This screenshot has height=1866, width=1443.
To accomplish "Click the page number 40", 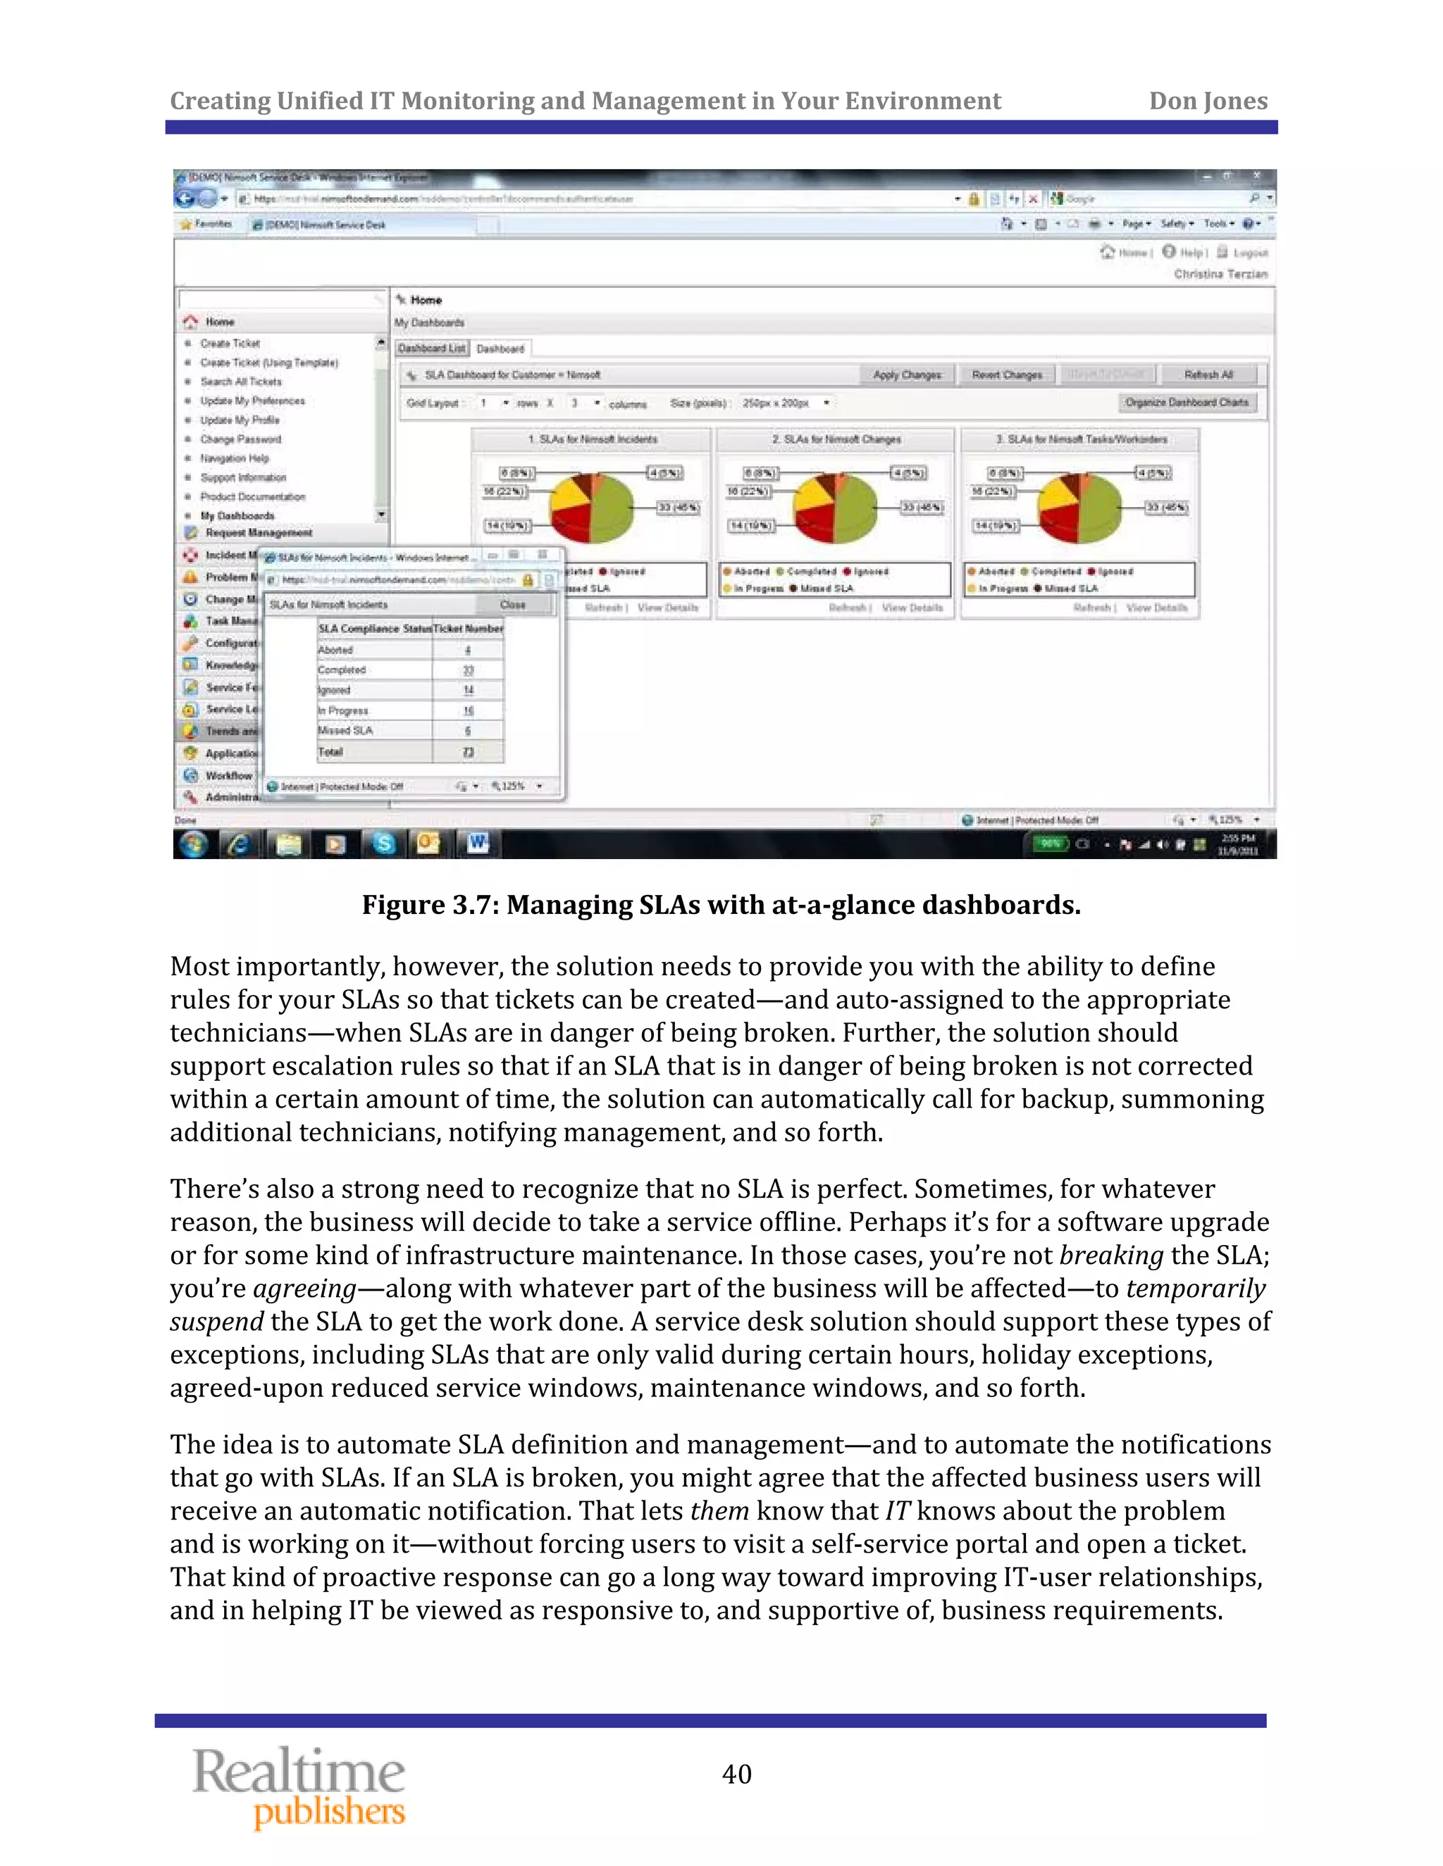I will [736, 1774].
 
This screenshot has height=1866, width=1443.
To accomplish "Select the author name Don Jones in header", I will [1207, 101].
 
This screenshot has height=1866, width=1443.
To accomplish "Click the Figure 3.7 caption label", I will [430, 904].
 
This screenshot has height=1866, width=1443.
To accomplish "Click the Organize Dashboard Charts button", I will [1187, 402].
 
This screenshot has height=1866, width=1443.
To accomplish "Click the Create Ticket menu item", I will [230, 344].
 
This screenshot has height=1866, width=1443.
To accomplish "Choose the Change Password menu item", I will [240, 439].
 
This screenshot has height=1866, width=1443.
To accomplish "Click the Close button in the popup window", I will [513, 605].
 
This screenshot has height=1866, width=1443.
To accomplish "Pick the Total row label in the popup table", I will [331, 752].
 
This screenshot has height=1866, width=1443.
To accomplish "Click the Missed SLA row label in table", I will [345, 730].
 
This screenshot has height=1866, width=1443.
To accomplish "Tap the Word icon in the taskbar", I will [477, 844].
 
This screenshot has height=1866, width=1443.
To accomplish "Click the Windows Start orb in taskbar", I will [194, 844].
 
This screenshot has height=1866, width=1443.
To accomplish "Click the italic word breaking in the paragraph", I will [1110, 1255].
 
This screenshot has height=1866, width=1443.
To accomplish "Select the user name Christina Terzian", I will [1220, 274].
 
